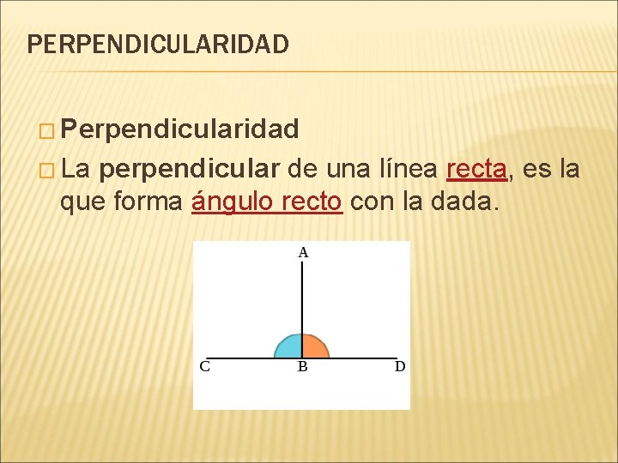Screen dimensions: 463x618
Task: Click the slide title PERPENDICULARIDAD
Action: click(x=158, y=44)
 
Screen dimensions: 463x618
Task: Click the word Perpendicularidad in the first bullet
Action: click(x=179, y=129)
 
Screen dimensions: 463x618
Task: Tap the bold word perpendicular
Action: click(x=189, y=169)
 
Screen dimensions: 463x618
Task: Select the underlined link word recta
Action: click(x=476, y=169)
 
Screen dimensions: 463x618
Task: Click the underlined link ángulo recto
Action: click(x=267, y=204)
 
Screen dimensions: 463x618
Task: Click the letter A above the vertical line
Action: click(x=303, y=253)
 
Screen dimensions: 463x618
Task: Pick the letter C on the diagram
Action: click(x=205, y=367)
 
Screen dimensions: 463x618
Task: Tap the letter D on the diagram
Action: click(x=400, y=367)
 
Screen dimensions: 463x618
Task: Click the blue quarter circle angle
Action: click(x=289, y=346)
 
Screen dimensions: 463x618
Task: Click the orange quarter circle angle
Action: click(x=314, y=346)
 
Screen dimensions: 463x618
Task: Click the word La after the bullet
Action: click(x=76, y=169)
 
